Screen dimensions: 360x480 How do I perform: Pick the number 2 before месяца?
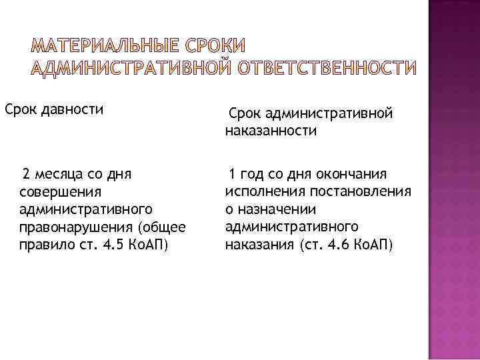pyautogui.click(x=25, y=175)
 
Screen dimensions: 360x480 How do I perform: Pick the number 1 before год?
pyautogui.click(x=231, y=175)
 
